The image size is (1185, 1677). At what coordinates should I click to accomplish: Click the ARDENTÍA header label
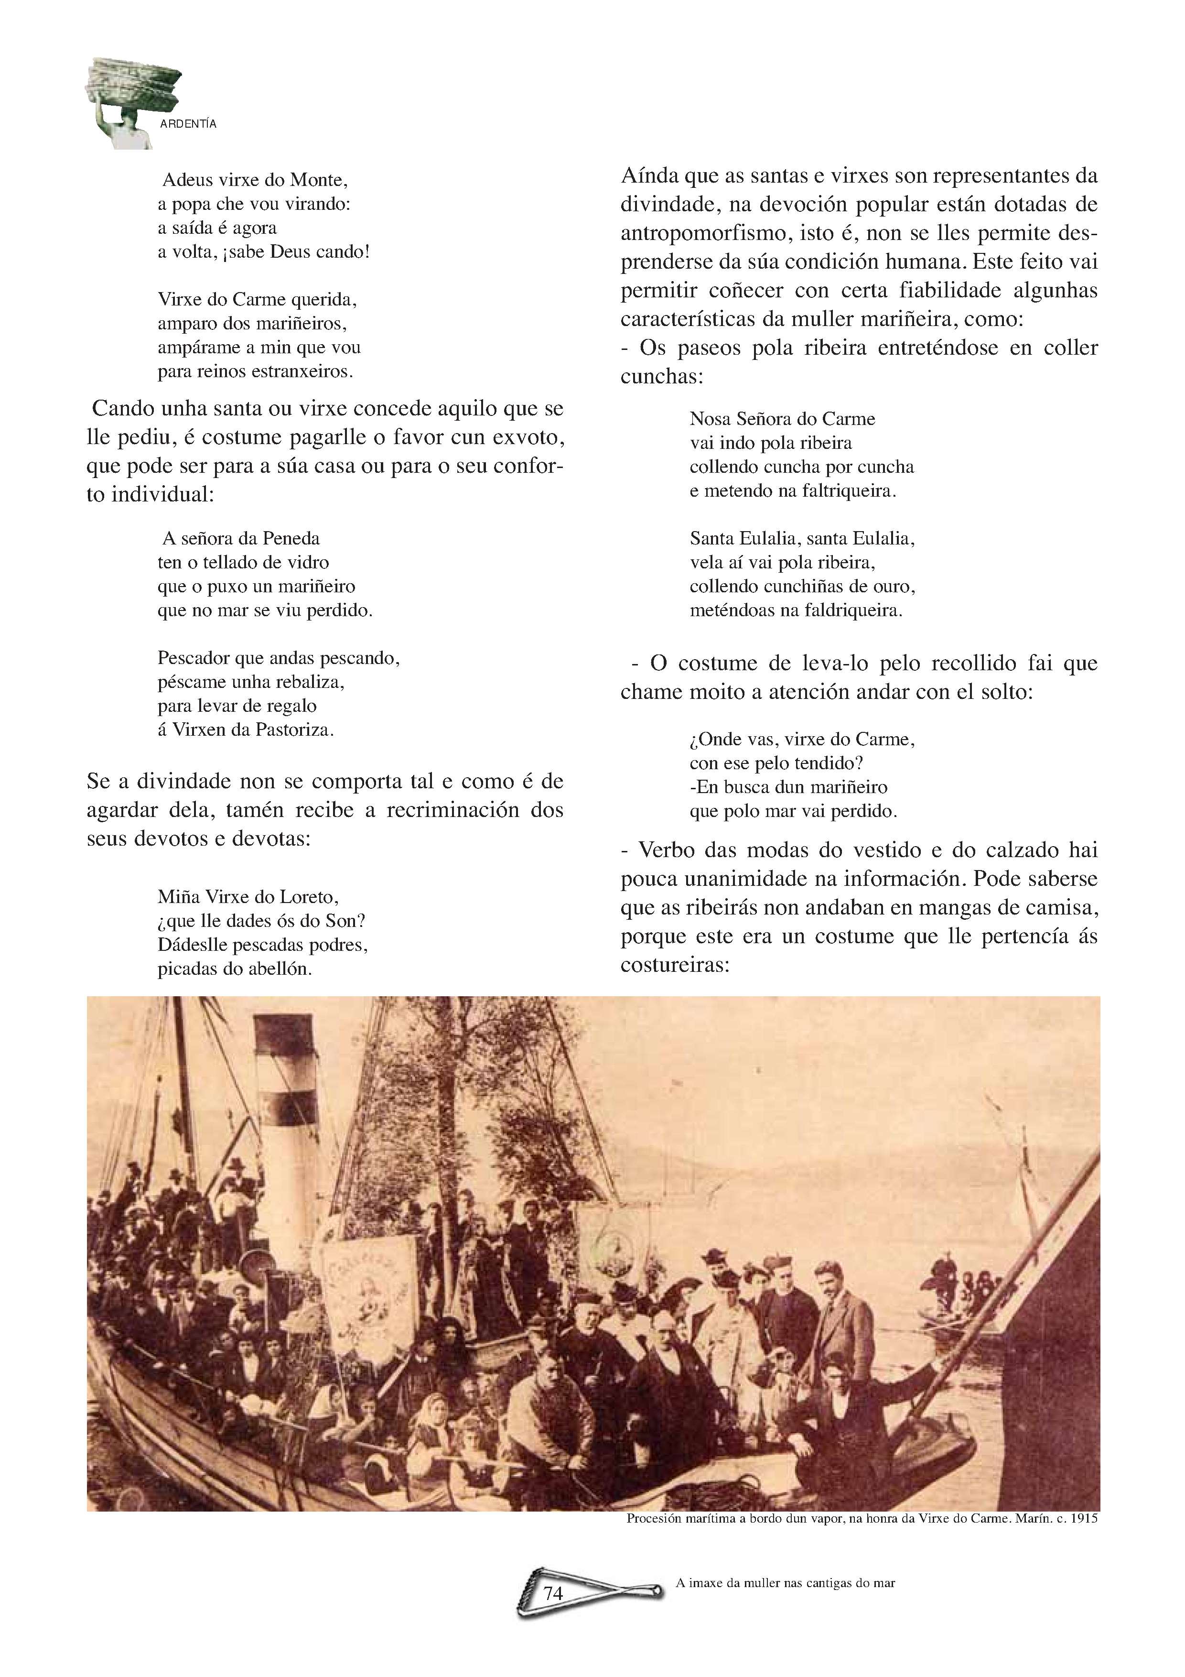(188, 124)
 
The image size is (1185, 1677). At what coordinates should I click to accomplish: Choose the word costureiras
(675, 965)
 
